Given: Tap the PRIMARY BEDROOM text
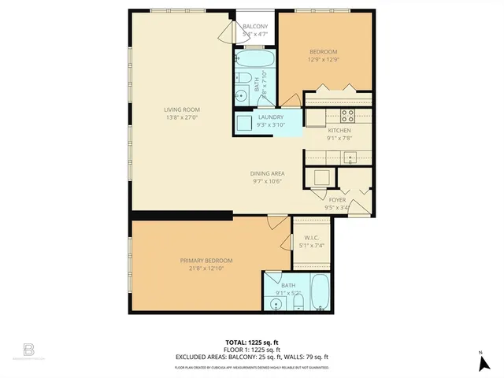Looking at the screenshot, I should [206, 261].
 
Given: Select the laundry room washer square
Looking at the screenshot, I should [245, 123].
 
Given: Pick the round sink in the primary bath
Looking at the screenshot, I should [276, 303].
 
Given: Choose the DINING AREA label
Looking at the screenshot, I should [267, 173].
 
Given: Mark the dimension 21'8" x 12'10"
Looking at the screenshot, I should [206, 269].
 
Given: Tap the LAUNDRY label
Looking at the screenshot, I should [269, 117].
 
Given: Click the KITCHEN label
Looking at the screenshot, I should [339, 131].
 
